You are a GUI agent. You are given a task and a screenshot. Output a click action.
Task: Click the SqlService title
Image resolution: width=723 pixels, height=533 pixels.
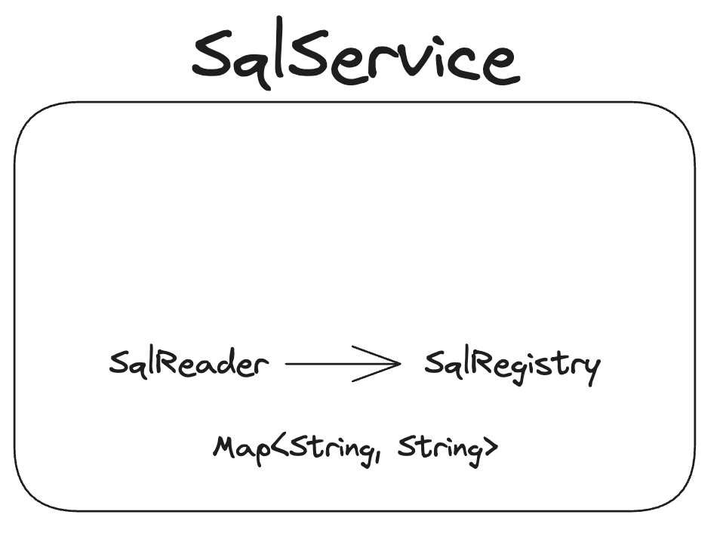point(355,57)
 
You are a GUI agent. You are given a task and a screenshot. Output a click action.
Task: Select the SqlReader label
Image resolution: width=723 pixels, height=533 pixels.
point(189,365)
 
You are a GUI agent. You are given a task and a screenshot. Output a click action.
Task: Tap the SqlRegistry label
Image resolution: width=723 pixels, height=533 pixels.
point(512,366)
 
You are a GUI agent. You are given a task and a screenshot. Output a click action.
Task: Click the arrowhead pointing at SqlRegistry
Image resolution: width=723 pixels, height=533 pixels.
point(394,365)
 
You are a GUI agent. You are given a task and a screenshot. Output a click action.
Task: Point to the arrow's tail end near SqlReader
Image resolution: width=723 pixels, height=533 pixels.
point(288,365)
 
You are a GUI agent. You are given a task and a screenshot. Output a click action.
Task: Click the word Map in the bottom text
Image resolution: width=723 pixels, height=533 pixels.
point(236,447)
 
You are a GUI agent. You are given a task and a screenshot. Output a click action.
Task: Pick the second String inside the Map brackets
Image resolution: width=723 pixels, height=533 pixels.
point(438,448)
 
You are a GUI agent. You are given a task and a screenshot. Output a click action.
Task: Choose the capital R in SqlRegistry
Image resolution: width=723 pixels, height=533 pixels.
point(487,364)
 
